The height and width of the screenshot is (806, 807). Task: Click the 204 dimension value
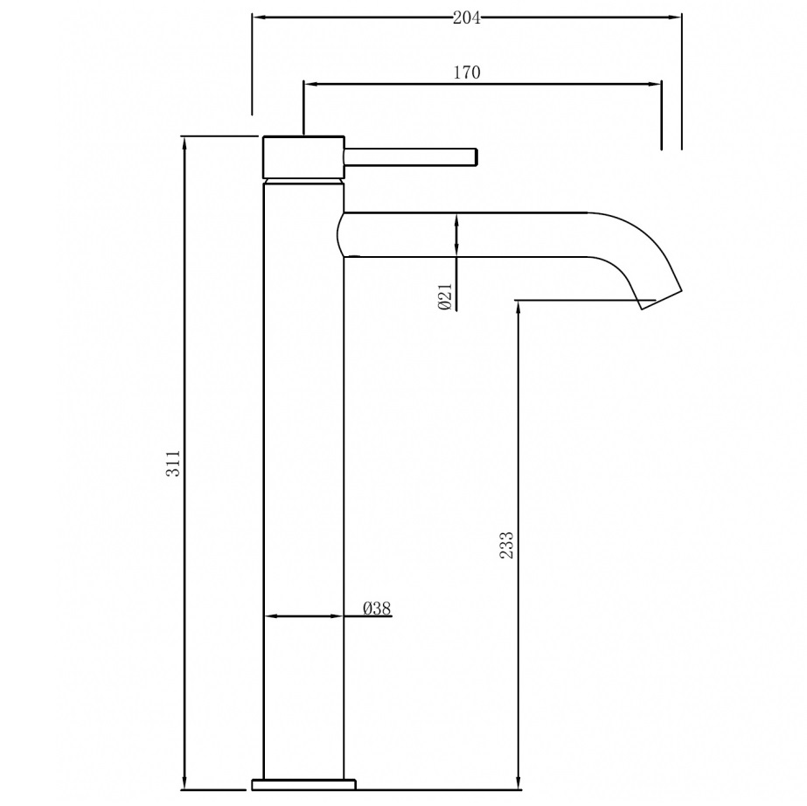[x=466, y=17]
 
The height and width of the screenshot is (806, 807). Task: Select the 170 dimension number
[x=466, y=73]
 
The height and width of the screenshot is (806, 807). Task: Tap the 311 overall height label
[x=173, y=462]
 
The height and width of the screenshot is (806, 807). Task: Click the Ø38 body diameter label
[x=376, y=608]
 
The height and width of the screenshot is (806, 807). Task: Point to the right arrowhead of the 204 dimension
[x=675, y=16]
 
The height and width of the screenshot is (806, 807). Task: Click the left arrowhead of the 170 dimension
[x=310, y=84]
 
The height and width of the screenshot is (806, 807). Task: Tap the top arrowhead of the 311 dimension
[x=184, y=142]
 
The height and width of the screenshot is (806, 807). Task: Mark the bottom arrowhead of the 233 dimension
[x=519, y=782]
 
